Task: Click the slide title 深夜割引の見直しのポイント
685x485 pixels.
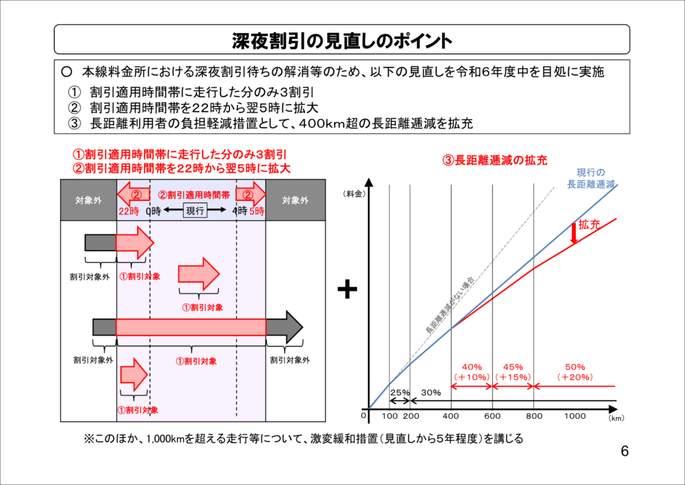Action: tap(342, 41)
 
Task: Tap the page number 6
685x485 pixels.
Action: tap(625, 451)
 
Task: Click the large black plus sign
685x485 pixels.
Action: tap(347, 289)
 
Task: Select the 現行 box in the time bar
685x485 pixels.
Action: tap(195, 210)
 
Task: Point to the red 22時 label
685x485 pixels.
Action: tap(129, 211)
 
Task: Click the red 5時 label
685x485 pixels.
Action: tap(257, 211)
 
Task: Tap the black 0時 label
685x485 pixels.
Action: tap(153, 211)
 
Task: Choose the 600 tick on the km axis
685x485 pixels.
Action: tap(492, 416)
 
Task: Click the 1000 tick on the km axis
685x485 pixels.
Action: tap(575, 416)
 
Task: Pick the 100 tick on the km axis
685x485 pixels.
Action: tap(390, 416)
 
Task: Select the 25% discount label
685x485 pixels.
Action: tap(400, 393)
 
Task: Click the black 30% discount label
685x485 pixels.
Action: tap(431, 393)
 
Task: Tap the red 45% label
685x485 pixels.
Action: tap(513, 367)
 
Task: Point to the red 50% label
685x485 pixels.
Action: tap(575, 367)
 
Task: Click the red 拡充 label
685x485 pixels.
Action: tap(589, 225)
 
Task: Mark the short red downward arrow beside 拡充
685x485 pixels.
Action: tap(573, 234)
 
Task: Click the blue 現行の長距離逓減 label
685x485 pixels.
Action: tap(591, 178)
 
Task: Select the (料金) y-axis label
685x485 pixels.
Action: tap(354, 194)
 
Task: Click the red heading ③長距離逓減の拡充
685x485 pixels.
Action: tap(494, 160)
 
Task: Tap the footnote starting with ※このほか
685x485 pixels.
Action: tap(303, 438)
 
